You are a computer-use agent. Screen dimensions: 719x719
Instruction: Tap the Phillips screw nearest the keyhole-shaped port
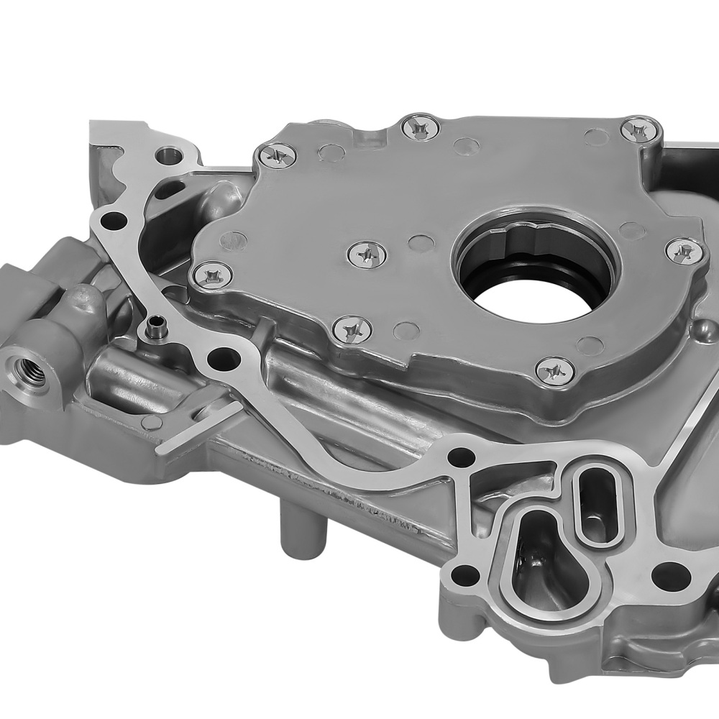pyautogui.click(x=554, y=370)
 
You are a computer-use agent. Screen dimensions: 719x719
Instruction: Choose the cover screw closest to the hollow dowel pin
pyautogui.click(x=212, y=275)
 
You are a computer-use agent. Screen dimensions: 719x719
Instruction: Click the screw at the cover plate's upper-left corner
pyautogui.click(x=276, y=155)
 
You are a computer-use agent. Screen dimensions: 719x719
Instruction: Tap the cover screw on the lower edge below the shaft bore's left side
pyautogui.click(x=352, y=329)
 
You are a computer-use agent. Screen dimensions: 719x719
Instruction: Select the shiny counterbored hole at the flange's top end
pyautogui.click(x=168, y=155)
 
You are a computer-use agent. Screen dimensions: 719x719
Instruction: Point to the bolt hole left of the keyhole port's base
pyautogui.click(x=467, y=574)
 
